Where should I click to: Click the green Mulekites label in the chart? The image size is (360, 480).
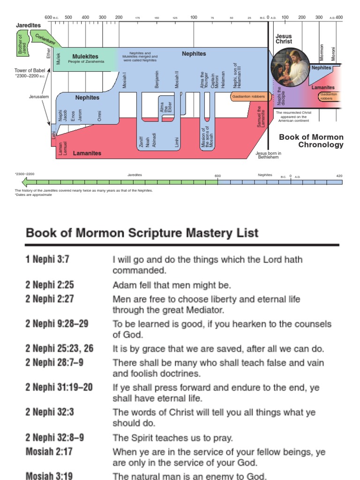85,56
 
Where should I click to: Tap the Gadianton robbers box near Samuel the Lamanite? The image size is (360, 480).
248,97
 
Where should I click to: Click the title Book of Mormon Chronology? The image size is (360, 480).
311,141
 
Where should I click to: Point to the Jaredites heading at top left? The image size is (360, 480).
28,25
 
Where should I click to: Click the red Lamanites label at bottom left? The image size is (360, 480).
87,153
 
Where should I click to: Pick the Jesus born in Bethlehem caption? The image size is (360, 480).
268,155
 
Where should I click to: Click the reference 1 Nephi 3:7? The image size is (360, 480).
47,259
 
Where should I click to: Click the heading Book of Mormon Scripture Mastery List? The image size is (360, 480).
142,232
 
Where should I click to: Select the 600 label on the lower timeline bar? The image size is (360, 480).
217,176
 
